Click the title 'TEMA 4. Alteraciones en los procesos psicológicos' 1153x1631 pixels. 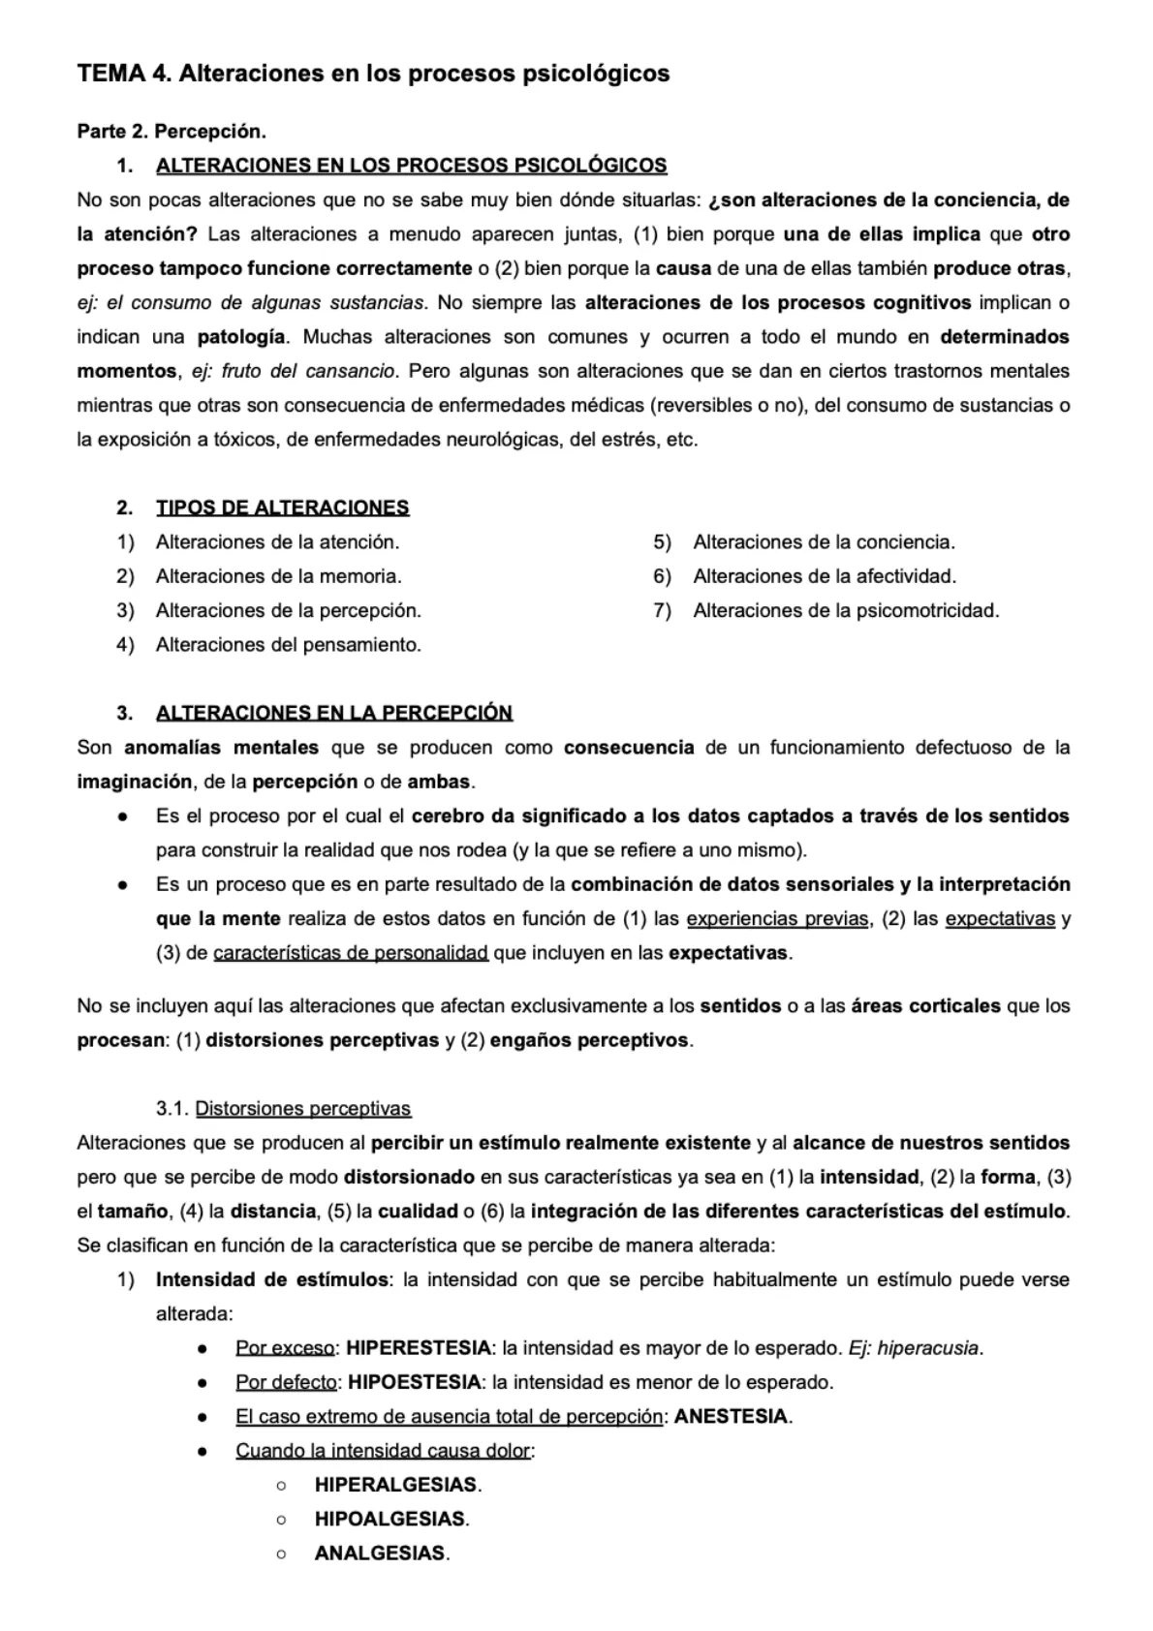pyautogui.click(x=373, y=74)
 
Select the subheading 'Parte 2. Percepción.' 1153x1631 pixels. pyautogui.click(x=171, y=131)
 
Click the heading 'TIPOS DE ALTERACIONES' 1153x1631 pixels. pyautogui.click(x=282, y=508)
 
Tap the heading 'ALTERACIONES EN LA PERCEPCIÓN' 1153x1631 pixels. pyautogui.click(x=333, y=713)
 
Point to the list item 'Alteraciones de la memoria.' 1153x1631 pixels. pyautogui.click(x=278, y=576)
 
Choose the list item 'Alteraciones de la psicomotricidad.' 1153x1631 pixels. pyautogui.click(x=845, y=610)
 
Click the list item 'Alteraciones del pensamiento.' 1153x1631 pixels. pyautogui.click(x=288, y=645)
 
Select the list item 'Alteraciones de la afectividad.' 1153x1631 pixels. pyautogui.click(x=824, y=576)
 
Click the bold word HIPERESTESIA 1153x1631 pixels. pyautogui.click(x=418, y=1348)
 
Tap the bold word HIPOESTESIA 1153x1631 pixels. pyautogui.click(x=414, y=1382)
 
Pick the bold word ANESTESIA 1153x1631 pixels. pyautogui.click(x=731, y=1417)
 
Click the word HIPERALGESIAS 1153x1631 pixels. pyautogui.click(x=396, y=1485)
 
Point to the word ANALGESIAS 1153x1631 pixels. pyautogui.click(x=380, y=1554)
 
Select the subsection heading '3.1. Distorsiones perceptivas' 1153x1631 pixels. pyautogui.click(x=283, y=1109)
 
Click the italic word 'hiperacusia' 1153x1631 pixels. pyautogui.click(x=928, y=1348)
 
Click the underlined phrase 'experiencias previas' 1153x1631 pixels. pyautogui.click(x=777, y=919)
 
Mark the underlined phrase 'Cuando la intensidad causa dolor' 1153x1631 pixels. pyautogui.click(x=383, y=1451)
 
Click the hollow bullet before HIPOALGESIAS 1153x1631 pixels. pyautogui.click(x=281, y=1520)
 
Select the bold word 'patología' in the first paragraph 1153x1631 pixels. pyautogui.click(x=241, y=337)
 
